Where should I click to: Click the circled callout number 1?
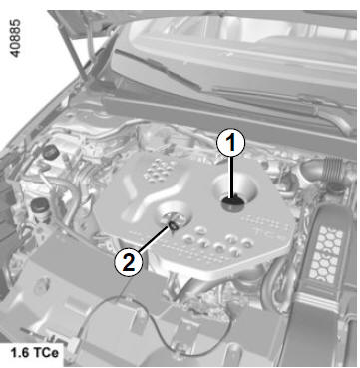(x=231, y=143)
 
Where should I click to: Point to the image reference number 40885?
(x=15, y=38)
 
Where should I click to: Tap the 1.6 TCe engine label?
(x=34, y=353)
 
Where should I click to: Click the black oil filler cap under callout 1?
(x=233, y=202)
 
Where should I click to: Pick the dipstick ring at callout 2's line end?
(x=173, y=225)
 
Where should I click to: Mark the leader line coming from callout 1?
(x=231, y=178)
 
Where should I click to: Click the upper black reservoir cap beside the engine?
(x=51, y=152)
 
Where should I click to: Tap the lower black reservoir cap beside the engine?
(x=40, y=204)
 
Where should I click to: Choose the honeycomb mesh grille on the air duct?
(x=326, y=253)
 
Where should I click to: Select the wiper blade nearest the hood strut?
(x=158, y=70)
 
